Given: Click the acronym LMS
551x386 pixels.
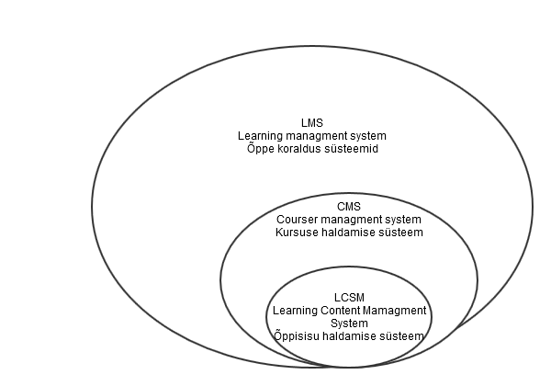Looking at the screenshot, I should pos(312,122).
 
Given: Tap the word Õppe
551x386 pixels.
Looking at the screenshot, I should pos(261,148).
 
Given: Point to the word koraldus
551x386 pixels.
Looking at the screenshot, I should pos(301,148).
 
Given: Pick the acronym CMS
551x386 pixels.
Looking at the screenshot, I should pos(349,207).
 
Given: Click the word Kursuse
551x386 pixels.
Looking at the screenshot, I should pos(297,233).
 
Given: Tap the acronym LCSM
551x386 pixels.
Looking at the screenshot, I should pos(349,298).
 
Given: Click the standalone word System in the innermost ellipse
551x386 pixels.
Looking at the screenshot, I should pos(349,324).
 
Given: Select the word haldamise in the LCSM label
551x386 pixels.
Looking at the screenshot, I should pos(347,336).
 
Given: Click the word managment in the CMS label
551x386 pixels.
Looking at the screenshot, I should pos(354,220).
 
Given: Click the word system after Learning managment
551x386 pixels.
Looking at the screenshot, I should pos(368,135).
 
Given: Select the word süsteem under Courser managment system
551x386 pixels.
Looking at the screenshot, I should pos(400,233).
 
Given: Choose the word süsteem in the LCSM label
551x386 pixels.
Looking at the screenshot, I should pos(400,336).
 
